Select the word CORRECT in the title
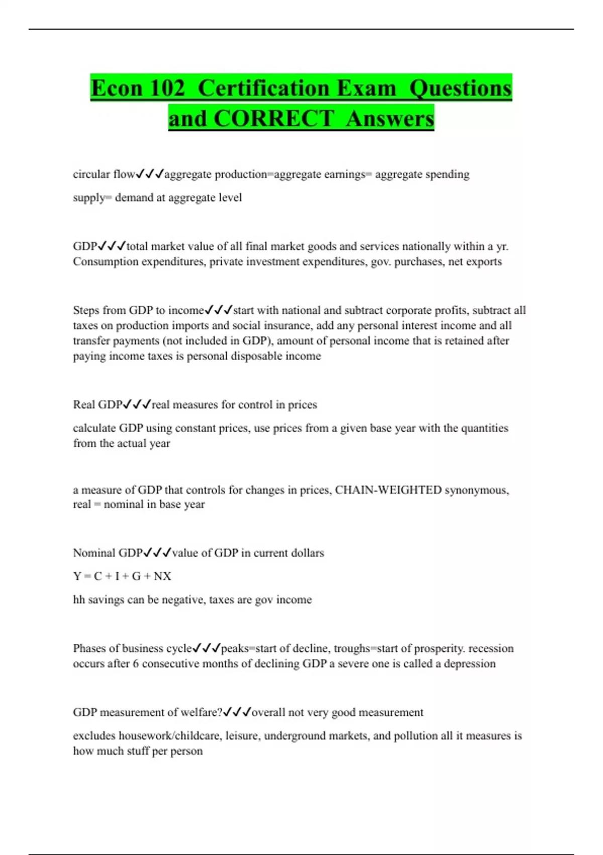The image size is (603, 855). [x=273, y=119]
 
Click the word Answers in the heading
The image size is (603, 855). [x=389, y=119]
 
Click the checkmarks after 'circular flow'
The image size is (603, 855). [x=150, y=174]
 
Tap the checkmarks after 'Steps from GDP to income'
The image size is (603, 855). [x=219, y=310]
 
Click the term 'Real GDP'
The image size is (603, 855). [x=97, y=404]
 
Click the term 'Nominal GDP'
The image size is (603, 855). [x=108, y=553]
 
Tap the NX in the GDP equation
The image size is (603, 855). [x=162, y=576]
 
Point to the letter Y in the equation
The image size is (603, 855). [x=77, y=576]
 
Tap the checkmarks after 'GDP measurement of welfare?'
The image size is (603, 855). [x=237, y=712]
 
